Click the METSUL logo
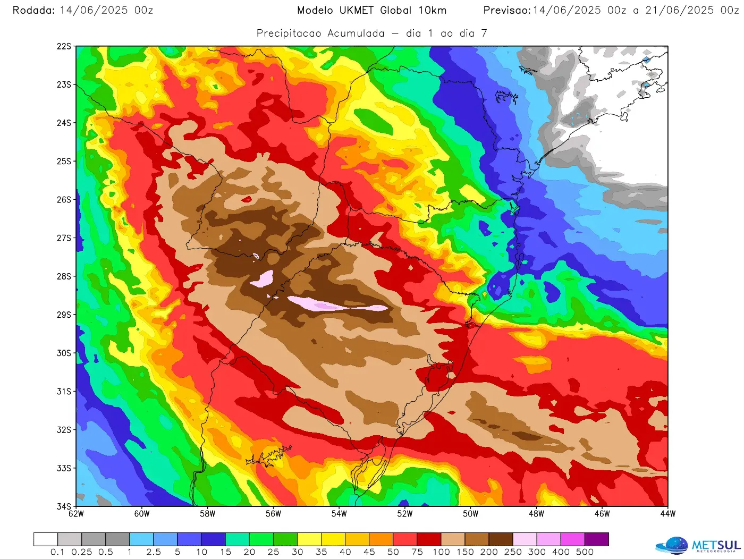pyautogui.click(x=698, y=545)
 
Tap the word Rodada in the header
pyautogui.click(x=33, y=10)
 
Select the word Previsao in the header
pyautogui.click(x=506, y=10)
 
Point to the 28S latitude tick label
pyautogui.click(x=64, y=276)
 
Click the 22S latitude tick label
pyautogui.click(x=64, y=46)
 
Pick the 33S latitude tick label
pyautogui.click(x=64, y=468)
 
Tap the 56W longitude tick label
pyautogui.click(x=273, y=514)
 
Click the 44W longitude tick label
pyautogui.click(x=667, y=514)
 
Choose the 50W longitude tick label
pyautogui.click(x=470, y=514)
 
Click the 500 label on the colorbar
pyautogui.click(x=585, y=552)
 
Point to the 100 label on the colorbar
pyautogui.click(x=441, y=552)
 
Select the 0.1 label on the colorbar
pyautogui.click(x=57, y=552)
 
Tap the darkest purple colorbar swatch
pyautogui.click(x=597, y=539)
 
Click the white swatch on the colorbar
pyautogui.click(x=46, y=539)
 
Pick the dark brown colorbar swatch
pyautogui.click(x=501, y=539)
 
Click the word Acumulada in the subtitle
pyautogui.click(x=356, y=33)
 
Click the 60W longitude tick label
pyautogui.click(x=142, y=514)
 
